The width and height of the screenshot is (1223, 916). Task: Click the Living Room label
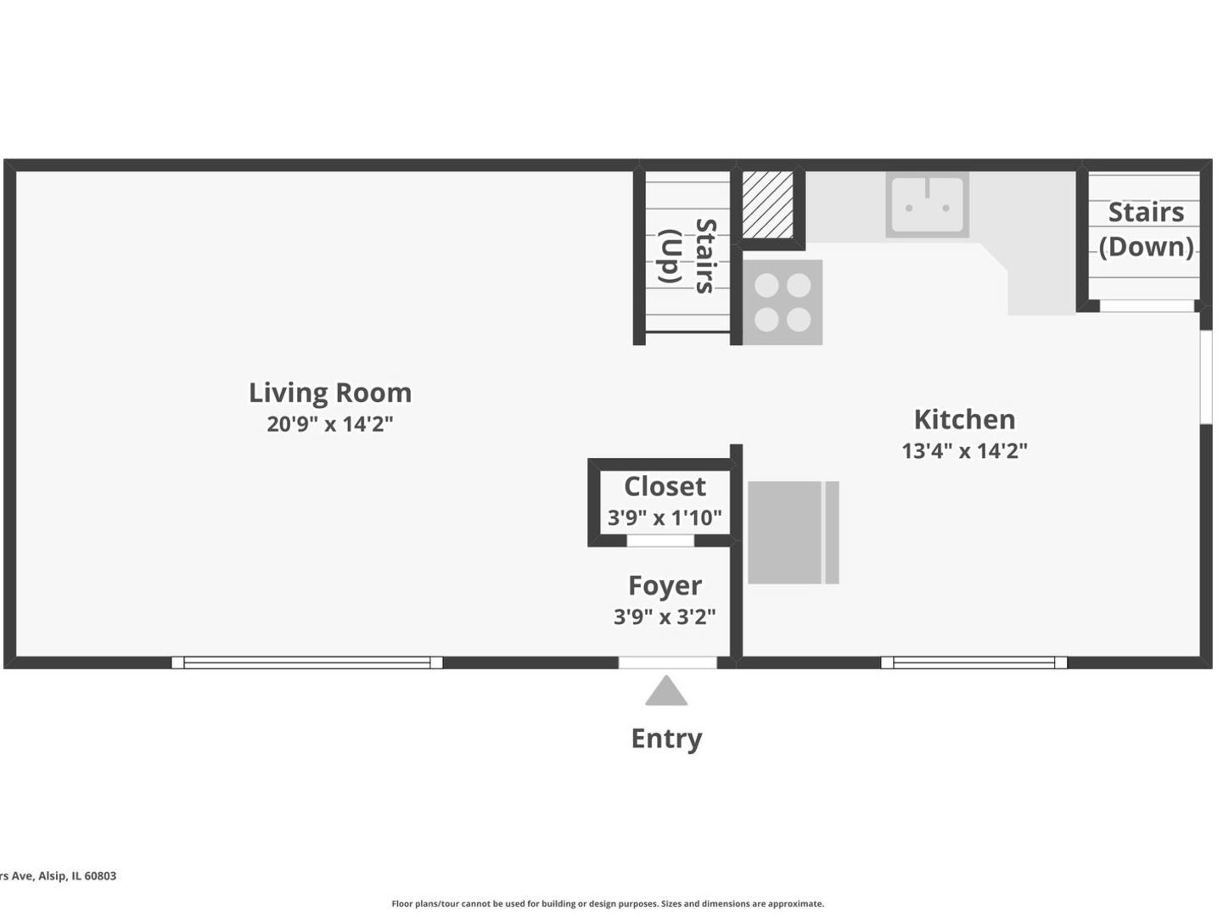tap(329, 393)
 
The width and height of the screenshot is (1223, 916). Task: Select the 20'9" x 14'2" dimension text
tap(329, 424)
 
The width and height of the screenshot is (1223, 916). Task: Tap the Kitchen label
tap(964, 420)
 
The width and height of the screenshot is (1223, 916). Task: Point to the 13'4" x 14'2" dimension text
tap(964, 451)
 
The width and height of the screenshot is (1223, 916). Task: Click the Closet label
tap(665, 487)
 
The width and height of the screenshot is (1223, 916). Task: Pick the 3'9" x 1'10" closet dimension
tap(665, 517)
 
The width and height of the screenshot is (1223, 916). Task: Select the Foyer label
tap(665, 586)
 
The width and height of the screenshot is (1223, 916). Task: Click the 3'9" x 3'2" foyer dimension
tap(665, 617)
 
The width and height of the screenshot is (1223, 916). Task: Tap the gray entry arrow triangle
tap(666, 693)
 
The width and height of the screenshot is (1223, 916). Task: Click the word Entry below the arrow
tap(666, 739)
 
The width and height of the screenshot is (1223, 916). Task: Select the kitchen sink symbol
tap(927, 204)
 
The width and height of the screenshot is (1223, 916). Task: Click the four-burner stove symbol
tap(782, 303)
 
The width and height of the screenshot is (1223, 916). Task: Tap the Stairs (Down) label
tap(1146, 229)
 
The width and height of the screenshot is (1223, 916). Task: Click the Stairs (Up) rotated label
tap(687, 256)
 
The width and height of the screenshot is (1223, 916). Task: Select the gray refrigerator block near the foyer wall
tap(792, 533)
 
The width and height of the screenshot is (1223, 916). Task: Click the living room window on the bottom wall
tap(306, 662)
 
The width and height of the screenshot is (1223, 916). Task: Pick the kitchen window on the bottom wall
tap(973, 662)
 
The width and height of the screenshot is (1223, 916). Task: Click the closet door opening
tap(660, 541)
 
